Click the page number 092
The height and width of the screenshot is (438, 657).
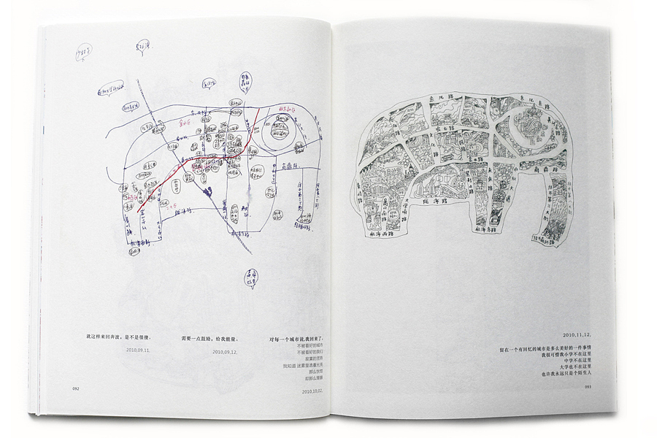75,388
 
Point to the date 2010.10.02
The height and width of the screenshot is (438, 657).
312,391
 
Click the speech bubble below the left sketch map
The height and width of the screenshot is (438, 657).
250,277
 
